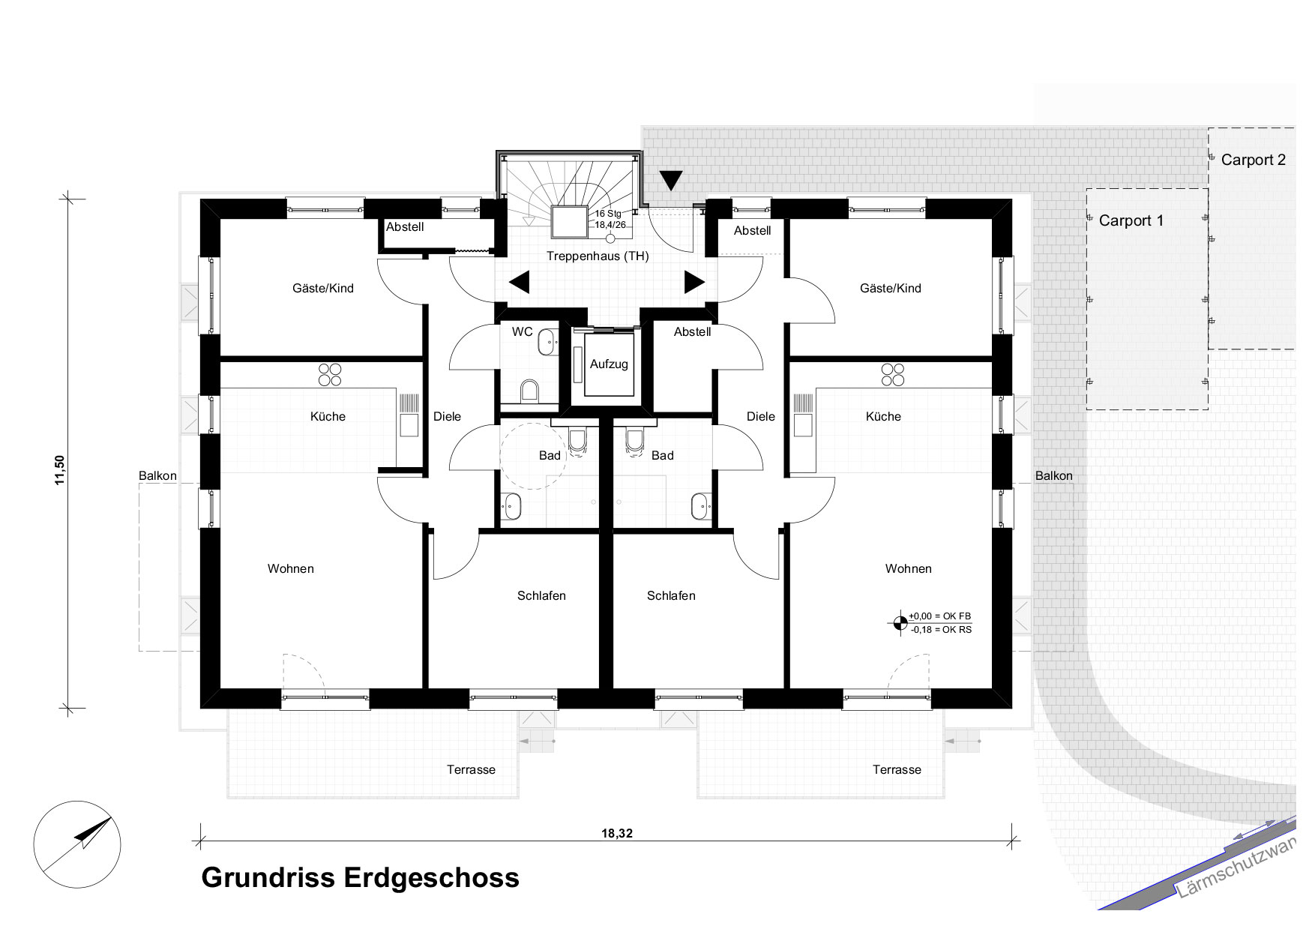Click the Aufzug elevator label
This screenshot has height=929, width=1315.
(x=609, y=364)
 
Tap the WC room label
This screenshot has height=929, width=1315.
(x=523, y=331)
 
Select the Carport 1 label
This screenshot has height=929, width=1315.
(x=1131, y=220)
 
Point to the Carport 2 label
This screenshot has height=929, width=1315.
(x=1253, y=160)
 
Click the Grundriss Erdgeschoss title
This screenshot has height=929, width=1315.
(x=360, y=877)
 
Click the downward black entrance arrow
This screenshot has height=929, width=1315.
(x=672, y=181)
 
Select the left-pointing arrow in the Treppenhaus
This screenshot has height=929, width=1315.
(x=519, y=283)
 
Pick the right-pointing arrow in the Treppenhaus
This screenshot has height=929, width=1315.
(x=694, y=283)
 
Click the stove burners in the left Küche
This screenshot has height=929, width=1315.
(x=329, y=374)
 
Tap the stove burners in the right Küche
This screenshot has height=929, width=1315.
(x=893, y=374)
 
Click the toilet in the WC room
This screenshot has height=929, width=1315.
(x=529, y=390)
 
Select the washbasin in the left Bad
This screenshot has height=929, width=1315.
(x=513, y=506)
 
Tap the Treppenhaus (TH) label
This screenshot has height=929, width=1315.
(x=598, y=256)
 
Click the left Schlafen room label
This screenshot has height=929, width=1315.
(x=541, y=596)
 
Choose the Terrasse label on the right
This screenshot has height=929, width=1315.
(x=897, y=769)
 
